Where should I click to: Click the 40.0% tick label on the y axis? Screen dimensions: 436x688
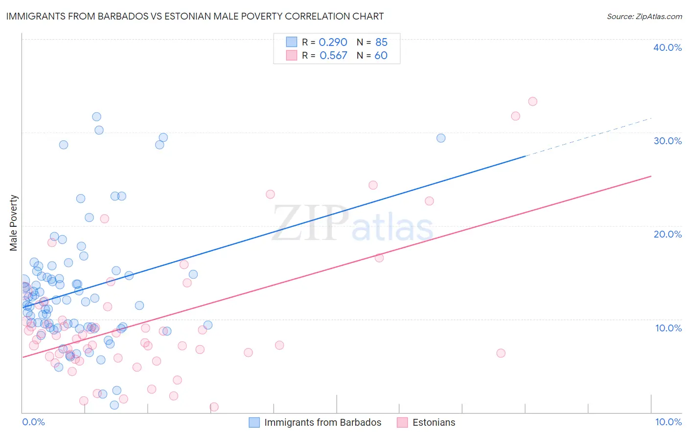tap(667, 47)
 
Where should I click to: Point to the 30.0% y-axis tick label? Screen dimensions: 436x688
tap(667, 141)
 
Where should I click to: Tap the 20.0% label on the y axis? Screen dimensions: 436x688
tap(667, 234)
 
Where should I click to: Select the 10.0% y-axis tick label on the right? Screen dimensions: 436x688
tap(668, 328)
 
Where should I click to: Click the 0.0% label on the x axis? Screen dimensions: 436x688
tap(33, 422)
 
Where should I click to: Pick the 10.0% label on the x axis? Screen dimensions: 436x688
tap(668, 422)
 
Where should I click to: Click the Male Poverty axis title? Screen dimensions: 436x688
tap(14, 223)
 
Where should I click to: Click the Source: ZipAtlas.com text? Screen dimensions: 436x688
tap(644, 16)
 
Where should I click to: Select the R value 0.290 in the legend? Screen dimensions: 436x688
tap(333, 43)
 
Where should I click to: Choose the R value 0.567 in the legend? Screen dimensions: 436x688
tap(333, 56)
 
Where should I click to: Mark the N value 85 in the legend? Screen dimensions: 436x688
tap(381, 43)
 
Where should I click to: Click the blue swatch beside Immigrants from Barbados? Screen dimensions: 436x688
tap(254, 422)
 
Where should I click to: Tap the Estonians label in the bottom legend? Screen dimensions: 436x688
tap(434, 422)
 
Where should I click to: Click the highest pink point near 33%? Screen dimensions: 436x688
tap(532, 102)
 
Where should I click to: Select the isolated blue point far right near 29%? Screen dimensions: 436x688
tap(441, 138)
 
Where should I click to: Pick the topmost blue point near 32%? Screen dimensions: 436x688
tap(96, 117)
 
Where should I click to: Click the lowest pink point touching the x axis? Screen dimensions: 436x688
tap(214, 407)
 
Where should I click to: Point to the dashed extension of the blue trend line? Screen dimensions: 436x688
tap(587, 137)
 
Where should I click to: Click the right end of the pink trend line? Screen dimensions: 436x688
tap(650, 176)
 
